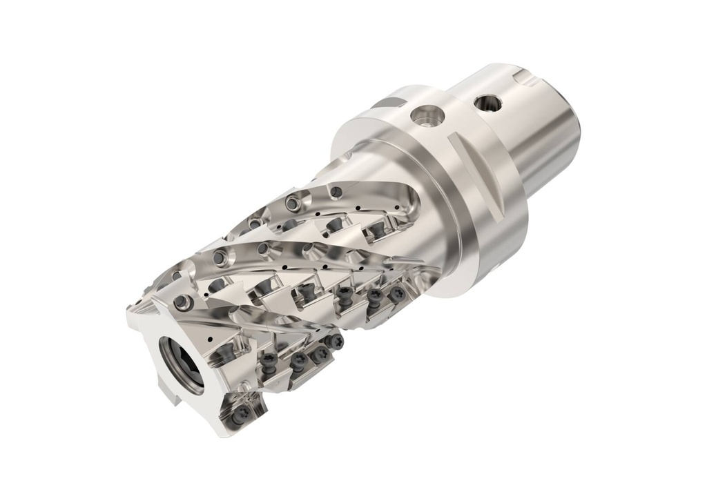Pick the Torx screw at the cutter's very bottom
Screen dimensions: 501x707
click(241, 414)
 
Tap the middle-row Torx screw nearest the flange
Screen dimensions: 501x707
click(396, 295)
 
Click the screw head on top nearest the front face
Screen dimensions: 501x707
click(183, 302)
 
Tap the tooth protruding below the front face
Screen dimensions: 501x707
click(235, 414)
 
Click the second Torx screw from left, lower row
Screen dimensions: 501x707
click(298, 360)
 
